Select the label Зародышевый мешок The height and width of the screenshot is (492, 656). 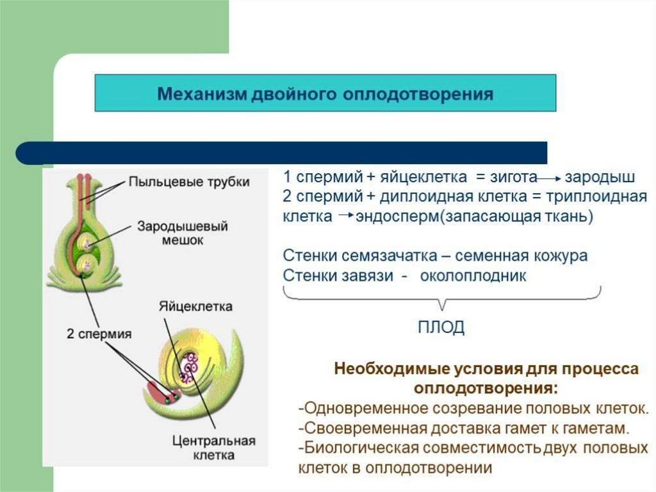coord(183,233)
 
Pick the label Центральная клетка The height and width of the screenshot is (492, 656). coord(213,448)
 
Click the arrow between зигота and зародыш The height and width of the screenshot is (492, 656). coord(548,178)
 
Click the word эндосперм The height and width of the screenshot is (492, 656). coord(397,216)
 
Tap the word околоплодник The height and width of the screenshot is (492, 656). coord(473,276)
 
